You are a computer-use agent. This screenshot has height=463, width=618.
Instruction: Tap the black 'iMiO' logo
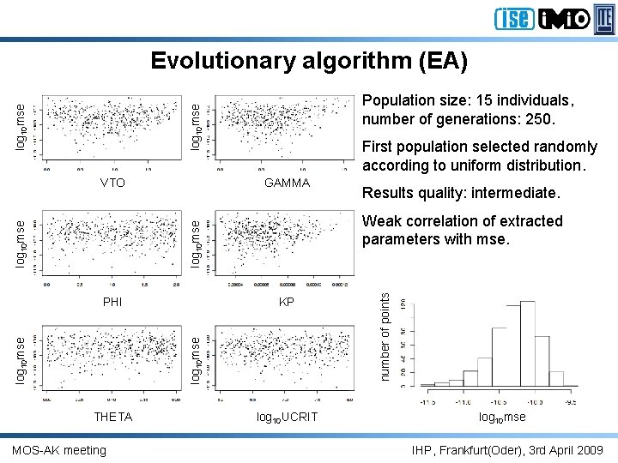(x=564, y=18)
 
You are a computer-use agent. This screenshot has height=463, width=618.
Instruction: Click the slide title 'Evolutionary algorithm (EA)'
(x=309, y=61)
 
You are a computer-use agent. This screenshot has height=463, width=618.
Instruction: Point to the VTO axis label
(x=112, y=183)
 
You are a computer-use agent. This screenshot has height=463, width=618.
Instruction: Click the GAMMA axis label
(x=287, y=183)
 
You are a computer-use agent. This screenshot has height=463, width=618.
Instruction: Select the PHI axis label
(x=112, y=302)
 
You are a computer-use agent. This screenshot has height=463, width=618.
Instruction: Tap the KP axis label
(x=287, y=302)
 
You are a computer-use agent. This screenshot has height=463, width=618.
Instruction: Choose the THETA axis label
(x=112, y=417)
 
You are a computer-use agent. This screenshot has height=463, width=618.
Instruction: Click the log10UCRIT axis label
(x=287, y=417)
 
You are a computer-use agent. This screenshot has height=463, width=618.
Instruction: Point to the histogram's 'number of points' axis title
(x=386, y=336)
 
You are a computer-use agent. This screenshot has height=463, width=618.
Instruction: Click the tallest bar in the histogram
(x=529, y=343)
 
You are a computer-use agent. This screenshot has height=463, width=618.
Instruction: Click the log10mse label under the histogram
(x=503, y=418)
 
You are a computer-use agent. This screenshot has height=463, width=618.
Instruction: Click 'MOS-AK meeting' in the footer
(x=59, y=450)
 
